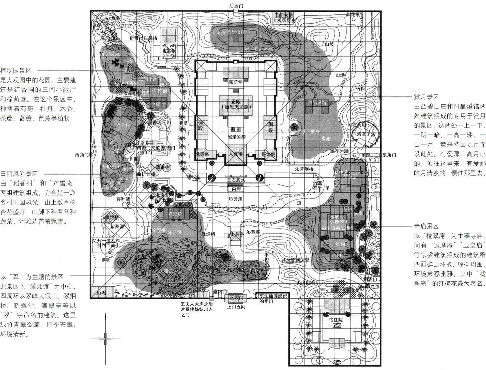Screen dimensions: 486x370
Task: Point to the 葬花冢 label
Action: coord(353,15)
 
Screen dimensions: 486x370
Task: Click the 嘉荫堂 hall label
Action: coord(236,82)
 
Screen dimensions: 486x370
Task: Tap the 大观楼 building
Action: coord(236,154)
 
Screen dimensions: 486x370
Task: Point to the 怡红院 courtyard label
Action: coord(336,319)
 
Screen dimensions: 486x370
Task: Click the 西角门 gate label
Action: coord(83,155)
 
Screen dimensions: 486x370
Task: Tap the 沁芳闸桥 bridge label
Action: coord(304,169)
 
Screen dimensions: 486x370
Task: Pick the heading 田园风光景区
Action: coord(19,174)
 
